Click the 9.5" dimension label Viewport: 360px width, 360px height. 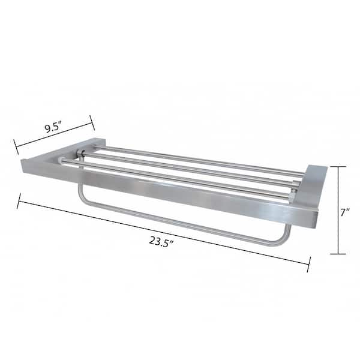pyautogui.click(x=53, y=127)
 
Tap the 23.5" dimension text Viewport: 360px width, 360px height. pyautogui.click(x=161, y=241)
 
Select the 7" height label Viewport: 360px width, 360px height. pyautogui.click(x=344, y=212)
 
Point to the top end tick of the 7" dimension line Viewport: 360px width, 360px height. pyautogui.click(x=338, y=166)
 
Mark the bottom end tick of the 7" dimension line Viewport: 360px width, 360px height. pyautogui.click(x=338, y=254)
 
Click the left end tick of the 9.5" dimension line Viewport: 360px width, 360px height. pyautogui.click(x=16, y=147)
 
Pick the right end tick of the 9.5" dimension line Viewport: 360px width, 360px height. pyautogui.click(x=92, y=123)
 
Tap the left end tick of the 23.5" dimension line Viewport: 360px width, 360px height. pyautogui.click(x=19, y=201)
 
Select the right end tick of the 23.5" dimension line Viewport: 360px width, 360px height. pyautogui.click(x=309, y=265)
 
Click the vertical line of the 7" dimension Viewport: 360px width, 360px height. pyautogui.click(x=338, y=210)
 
